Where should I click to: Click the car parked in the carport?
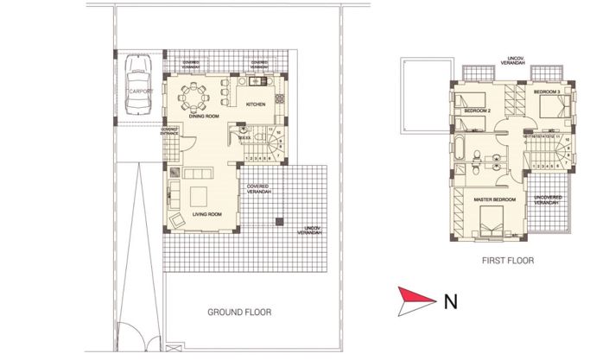(x=137, y=85)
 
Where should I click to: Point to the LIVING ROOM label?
(x=208, y=212)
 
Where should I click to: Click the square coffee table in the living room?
(x=200, y=193)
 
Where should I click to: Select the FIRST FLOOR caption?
(x=509, y=259)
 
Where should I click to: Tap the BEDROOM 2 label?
(x=477, y=111)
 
